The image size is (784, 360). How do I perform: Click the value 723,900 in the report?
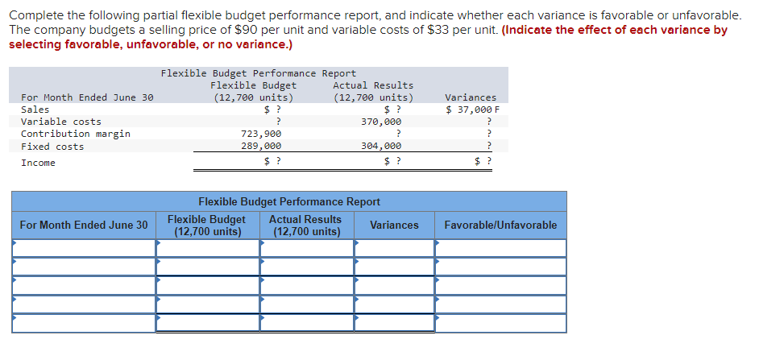click(261, 134)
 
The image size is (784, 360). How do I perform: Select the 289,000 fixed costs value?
click(261, 147)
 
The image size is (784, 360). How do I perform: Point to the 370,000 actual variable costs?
click(381, 122)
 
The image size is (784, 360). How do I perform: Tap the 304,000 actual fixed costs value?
click(381, 147)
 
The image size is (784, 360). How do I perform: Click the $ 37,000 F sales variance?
click(472, 110)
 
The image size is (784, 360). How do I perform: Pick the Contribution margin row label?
click(76, 134)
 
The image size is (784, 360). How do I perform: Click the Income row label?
click(38, 163)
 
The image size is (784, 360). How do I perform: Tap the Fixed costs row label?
click(52, 147)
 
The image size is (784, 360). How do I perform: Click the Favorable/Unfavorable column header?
click(500, 225)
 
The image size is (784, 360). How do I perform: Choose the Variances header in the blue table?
click(394, 225)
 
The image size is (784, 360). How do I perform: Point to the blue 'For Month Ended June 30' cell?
click(84, 225)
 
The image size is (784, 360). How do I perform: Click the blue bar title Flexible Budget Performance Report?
click(289, 201)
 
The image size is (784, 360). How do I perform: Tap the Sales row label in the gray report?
click(35, 110)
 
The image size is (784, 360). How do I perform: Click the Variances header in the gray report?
click(471, 97)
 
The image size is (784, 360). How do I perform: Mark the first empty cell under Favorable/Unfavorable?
click(500, 248)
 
